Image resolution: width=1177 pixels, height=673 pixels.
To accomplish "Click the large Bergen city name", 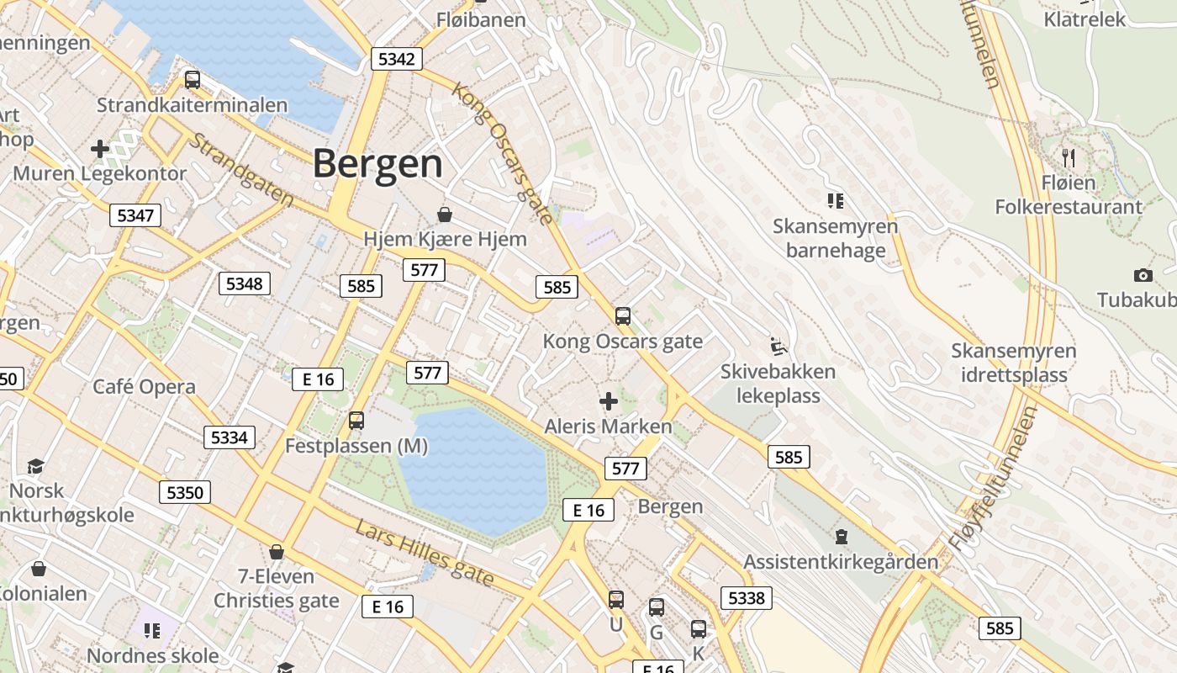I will coord(377,163).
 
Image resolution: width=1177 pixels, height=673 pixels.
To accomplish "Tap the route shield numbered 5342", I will coord(396,59).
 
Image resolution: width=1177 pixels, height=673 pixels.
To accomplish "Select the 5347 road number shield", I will coord(135,215).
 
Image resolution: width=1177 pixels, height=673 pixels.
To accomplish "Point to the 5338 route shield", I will coord(746,598).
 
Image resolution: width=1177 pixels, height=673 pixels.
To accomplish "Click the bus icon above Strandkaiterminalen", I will coord(193,80).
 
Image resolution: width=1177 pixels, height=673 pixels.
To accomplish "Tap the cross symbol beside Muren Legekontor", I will coord(100,150).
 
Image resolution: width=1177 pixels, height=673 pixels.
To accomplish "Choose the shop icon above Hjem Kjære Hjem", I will coord(445,215).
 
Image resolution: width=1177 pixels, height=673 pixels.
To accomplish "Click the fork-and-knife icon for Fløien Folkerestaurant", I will coord(1069,157).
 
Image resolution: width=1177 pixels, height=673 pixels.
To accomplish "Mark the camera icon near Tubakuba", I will coord(1143,275).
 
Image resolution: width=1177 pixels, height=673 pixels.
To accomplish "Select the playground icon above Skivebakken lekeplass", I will coord(779,346).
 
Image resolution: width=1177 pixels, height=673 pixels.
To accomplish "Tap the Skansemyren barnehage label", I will coord(835,238).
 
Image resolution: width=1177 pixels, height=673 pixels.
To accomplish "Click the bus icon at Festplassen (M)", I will coord(356,421).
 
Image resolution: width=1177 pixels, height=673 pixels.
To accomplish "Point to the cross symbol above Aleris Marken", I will coord(608,401).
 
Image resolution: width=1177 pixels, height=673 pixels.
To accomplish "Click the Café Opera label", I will coord(144,387).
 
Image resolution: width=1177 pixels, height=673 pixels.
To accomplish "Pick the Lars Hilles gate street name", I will coord(424,553).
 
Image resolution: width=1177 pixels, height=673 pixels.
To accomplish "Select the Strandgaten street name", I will coord(240,170).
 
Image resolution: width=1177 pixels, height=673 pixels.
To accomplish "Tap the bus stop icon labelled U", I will coord(616,600).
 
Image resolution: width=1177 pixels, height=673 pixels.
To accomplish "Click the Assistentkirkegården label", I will coord(840,562).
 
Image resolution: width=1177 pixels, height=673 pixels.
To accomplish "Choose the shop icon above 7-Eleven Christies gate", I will coord(276,553).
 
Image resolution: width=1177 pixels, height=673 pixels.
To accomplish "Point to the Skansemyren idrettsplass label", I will coord(1013,363).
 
